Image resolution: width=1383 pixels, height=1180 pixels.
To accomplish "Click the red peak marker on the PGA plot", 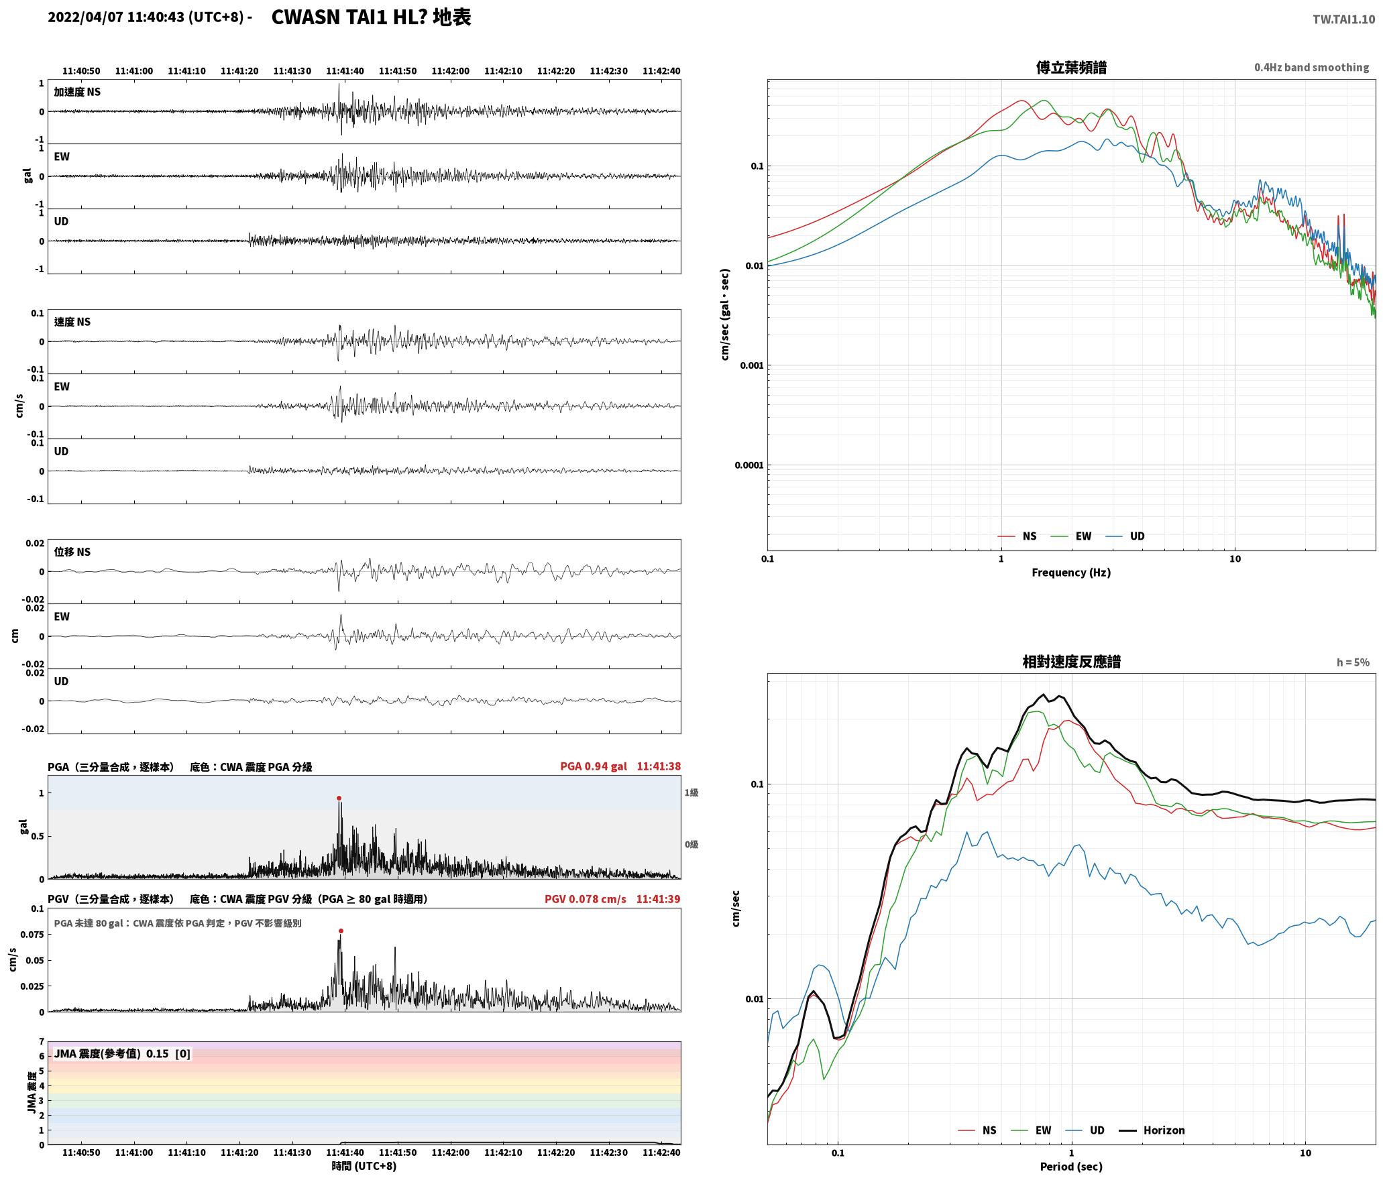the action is pyautogui.click(x=339, y=798).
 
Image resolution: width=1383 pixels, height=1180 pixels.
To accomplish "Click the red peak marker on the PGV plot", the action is pyautogui.click(x=341, y=931).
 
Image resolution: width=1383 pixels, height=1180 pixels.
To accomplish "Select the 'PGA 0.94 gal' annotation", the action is pyautogui.click(x=594, y=766).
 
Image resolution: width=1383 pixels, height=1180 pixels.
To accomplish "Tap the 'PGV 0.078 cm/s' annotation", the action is pyautogui.click(x=585, y=898).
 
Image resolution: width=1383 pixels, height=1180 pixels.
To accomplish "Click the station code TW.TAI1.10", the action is pyautogui.click(x=1343, y=19).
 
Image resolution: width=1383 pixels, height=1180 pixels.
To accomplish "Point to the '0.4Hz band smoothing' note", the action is pyautogui.click(x=1311, y=67).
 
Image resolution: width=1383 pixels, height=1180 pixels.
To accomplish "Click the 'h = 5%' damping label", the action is pyautogui.click(x=1353, y=662).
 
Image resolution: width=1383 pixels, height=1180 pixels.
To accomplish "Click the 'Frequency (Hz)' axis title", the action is pyautogui.click(x=1070, y=572).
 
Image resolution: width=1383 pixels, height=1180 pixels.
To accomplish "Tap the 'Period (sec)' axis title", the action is pyautogui.click(x=1070, y=1166).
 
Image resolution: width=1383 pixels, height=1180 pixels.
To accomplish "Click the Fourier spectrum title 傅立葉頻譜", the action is pyautogui.click(x=1071, y=67).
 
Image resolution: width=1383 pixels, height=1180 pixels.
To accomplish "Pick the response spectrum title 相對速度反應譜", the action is pyautogui.click(x=1071, y=662).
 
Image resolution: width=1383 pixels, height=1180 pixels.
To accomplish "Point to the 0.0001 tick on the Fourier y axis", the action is pyautogui.click(x=749, y=465).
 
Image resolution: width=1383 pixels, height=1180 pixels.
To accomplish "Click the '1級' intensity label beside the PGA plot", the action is pyautogui.click(x=691, y=792).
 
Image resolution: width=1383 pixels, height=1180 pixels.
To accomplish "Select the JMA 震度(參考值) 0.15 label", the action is pyautogui.click(x=122, y=1053).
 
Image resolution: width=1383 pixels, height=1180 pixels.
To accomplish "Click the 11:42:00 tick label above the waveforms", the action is pyautogui.click(x=450, y=71).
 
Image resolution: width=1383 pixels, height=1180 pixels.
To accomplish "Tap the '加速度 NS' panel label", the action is pyautogui.click(x=77, y=92).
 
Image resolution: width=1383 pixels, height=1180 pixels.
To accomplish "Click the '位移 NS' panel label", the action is pyautogui.click(x=72, y=552).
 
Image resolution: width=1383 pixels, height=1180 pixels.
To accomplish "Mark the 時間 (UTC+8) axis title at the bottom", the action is pyautogui.click(x=364, y=1166).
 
